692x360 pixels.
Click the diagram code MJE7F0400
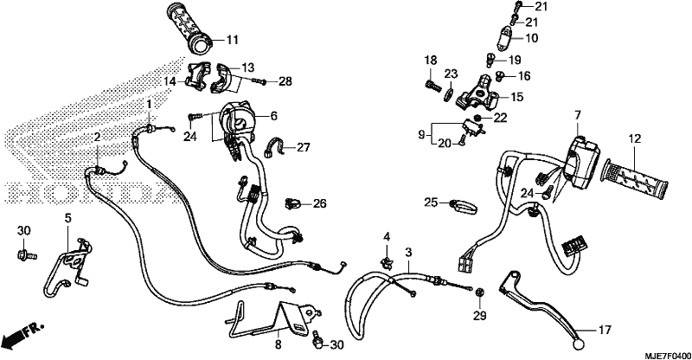[x=668, y=355]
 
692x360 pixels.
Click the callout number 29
[x=480, y=315]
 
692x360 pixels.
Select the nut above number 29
[x=479, y=292]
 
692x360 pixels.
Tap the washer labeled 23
[x=449, y=93]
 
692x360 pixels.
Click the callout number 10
[x=532, y=38]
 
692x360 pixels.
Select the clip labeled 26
[x=292, y=203]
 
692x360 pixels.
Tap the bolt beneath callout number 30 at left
[x=27, y=254]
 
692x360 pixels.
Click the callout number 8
[x=278, y=344]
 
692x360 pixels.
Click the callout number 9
[x=421, y=134]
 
